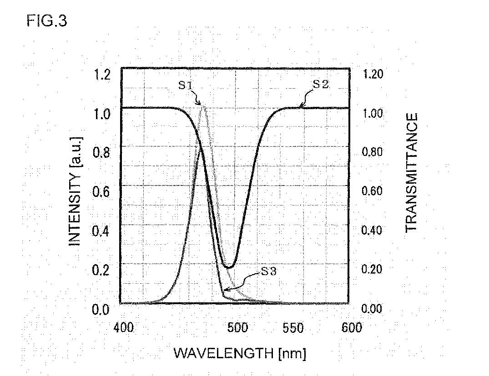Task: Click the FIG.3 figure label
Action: [47, 21]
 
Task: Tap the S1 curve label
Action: [186, 85]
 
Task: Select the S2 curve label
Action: [321, 84]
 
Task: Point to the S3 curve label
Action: [268, 271]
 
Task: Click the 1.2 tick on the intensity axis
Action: [102, 75]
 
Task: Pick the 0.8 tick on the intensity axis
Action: [101, 153]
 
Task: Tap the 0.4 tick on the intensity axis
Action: [101, 231]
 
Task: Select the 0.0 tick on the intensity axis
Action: [101, 310]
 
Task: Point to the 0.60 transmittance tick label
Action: [372, 191]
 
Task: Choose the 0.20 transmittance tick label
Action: [372, 269]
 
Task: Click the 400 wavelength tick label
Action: [123, 328]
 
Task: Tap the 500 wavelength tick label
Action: [237, 328]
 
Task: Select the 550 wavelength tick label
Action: [293, 328]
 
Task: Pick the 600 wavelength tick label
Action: [352, 328]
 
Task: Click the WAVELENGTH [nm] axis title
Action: [240, 353]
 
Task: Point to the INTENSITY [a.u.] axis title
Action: [75, 191]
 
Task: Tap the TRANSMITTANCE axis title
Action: [411, 172]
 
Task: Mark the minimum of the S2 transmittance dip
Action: [228, 267]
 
